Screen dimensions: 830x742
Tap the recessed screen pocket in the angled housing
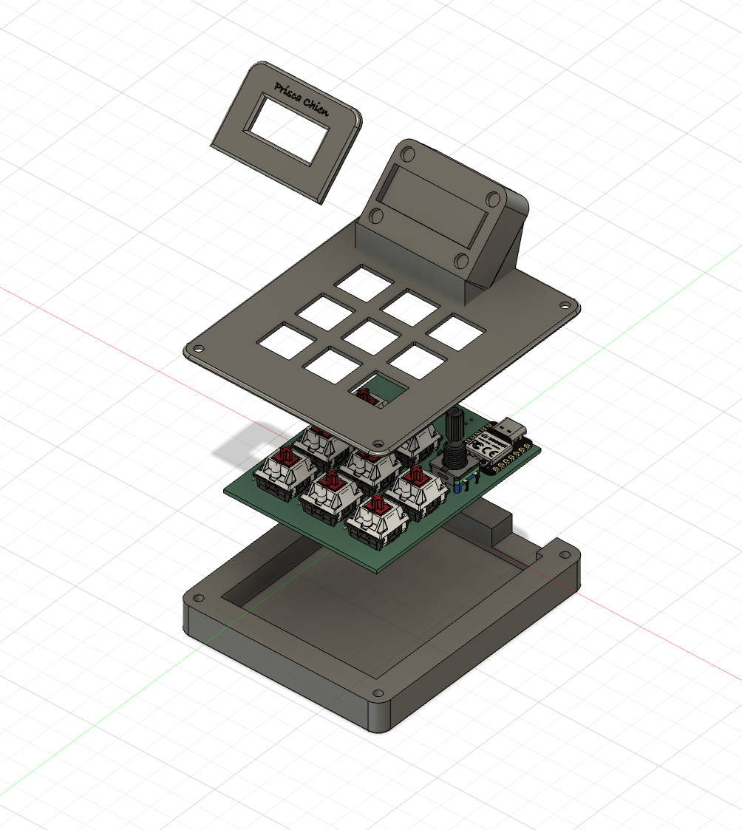435,205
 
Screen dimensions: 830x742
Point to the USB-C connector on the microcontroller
510,428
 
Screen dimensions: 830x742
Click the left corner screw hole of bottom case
197,596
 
